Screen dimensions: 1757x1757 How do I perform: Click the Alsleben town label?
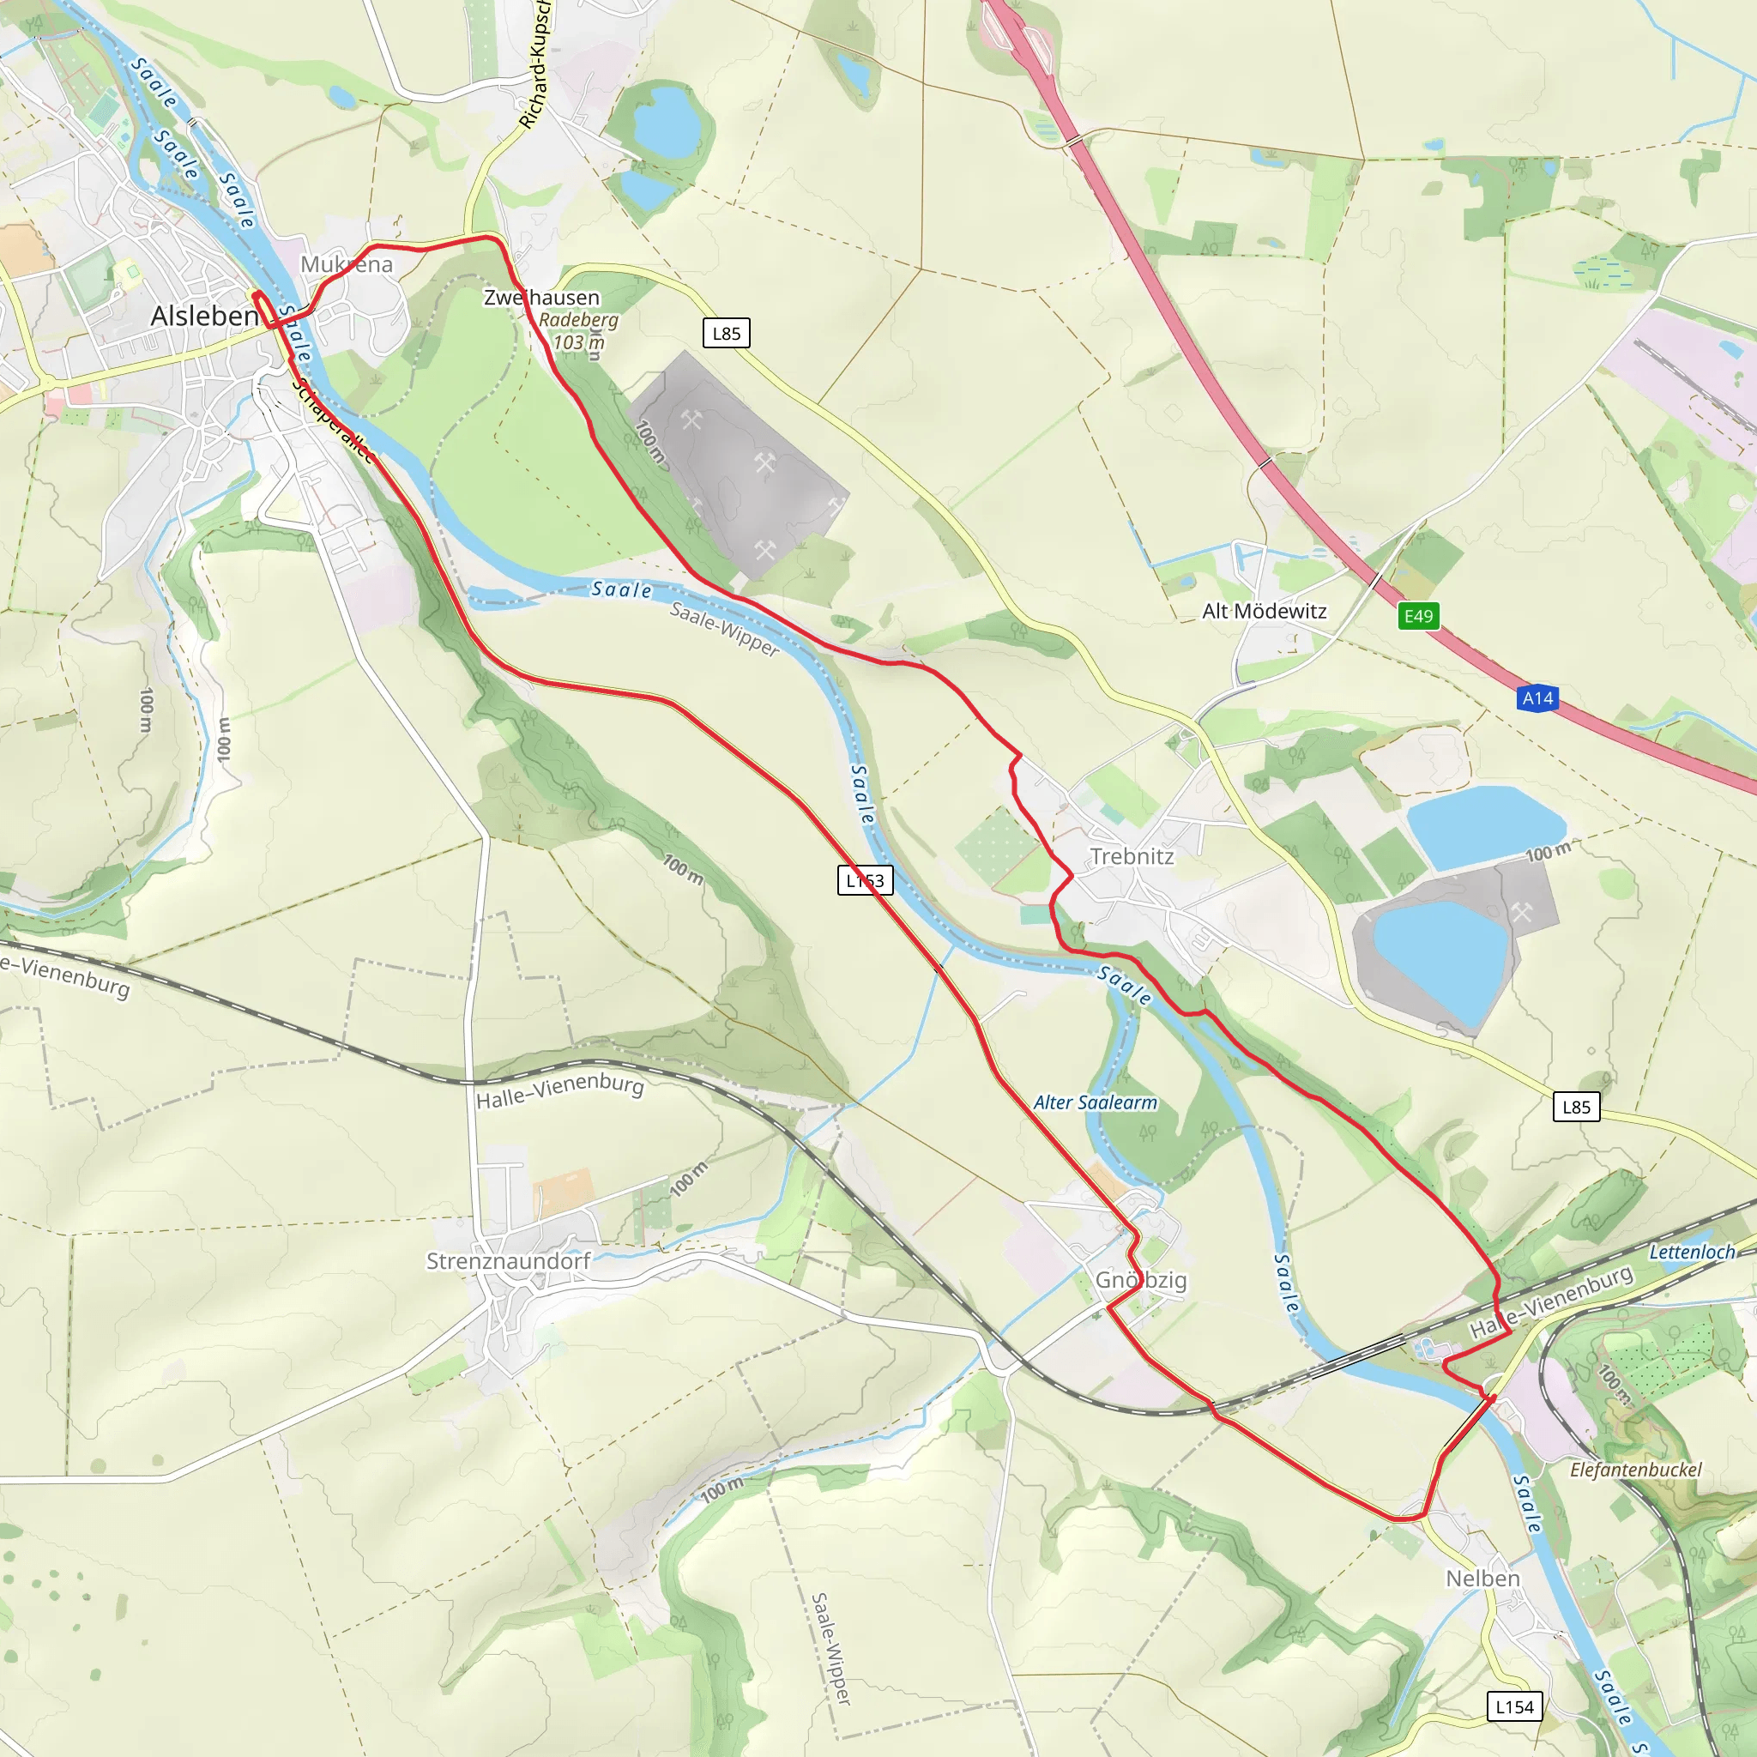[x=205, y=316]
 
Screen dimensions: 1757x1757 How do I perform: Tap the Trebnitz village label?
[x=1132, y=855]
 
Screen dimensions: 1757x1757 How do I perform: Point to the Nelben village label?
[x=1482, y=1578]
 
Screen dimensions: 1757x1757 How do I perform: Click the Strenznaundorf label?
[x=509, y=1260]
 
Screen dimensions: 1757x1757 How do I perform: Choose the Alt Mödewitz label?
[x=1264, y=611]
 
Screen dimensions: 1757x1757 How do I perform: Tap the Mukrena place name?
[x=347, y=264]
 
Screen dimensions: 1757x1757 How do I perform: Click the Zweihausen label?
[x=541, y=298]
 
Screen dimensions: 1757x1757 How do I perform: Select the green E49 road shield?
[x=1418, y=617]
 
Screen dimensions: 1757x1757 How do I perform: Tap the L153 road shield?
[x=865, y=880]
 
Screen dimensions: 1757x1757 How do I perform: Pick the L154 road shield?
[x=1514, y=1707]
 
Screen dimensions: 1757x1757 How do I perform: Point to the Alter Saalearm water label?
[x=1095, y=1102]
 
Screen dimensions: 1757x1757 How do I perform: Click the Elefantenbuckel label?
[x=1635, y=1470]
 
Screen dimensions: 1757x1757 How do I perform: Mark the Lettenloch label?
[x=1692, y=1253]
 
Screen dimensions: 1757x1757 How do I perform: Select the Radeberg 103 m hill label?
[x=578, y=331]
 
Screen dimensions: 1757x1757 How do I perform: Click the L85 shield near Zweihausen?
[x=726, y=333]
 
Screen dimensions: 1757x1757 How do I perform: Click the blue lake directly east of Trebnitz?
[x=1483, y=826]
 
